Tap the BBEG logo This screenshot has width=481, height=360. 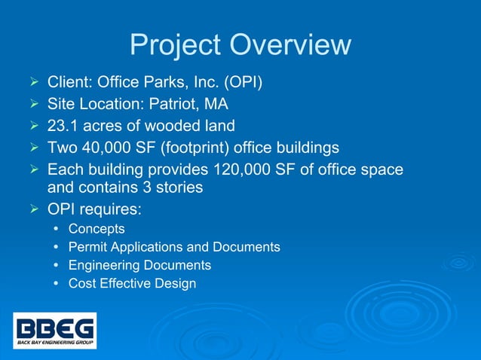(x=55, y=331)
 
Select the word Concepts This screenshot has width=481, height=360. (x=97, y=228)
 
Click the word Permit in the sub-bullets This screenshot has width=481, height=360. (x=86, y=247)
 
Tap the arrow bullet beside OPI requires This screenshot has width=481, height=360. (x=32, y=207)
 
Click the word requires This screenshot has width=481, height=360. (x=106, y=208)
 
